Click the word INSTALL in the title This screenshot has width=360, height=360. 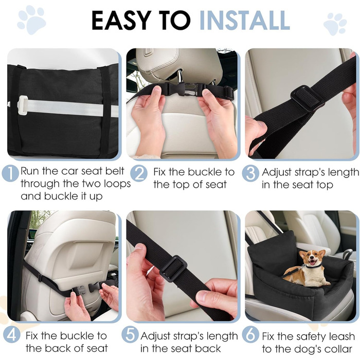tap(244, 20)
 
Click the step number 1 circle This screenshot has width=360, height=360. tap(10, 174)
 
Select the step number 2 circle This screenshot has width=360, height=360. tap(139, 174)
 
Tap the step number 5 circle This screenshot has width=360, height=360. tap(130, 335)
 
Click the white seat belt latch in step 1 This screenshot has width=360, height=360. tap(22, 102)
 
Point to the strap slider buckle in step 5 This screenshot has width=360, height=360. tap(173, 268)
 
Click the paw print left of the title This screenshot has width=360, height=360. tap(31, 20)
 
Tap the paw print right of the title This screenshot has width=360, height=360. tap(335, 24)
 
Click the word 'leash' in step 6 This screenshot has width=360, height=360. tap(341, 336)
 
